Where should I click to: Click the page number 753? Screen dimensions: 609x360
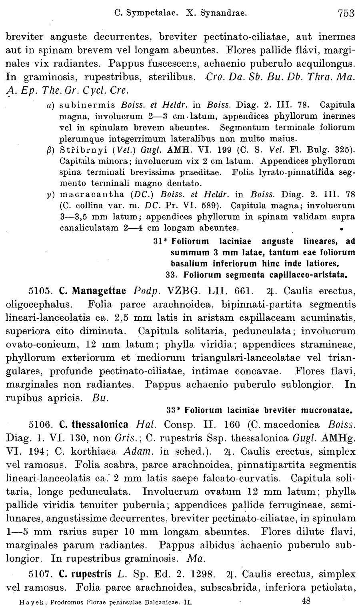(346, 13)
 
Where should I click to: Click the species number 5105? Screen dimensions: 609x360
(41, 290)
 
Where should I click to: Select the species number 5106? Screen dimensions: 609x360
(41, 425)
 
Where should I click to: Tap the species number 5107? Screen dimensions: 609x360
(41, 575)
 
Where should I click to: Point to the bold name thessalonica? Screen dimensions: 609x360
(99, 425)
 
